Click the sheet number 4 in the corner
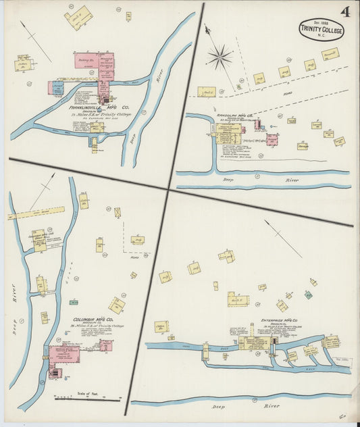coord(345,11)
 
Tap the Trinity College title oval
coord(322,28)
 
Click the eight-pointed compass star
coord(220,57)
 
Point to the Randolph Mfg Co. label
coord(235,116)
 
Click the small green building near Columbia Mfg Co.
coord(72,302)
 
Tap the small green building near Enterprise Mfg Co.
coord(308,295)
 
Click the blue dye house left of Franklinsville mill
coord(57,88)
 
